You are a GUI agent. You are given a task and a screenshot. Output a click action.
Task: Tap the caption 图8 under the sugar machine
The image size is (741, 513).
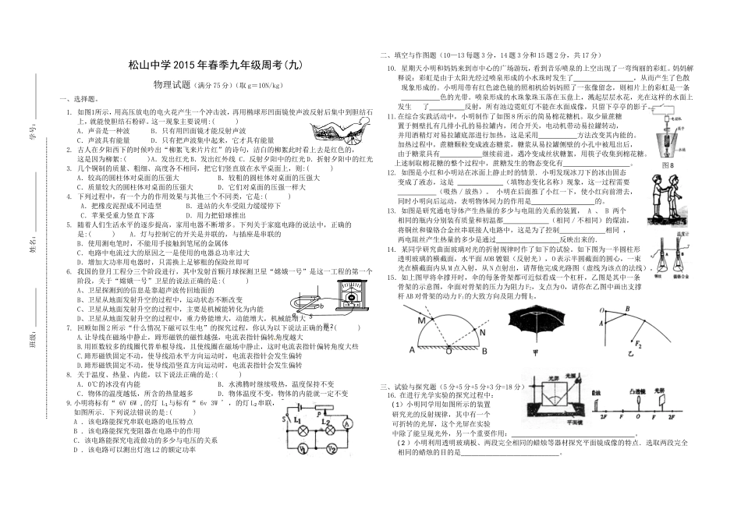pyautogui.click(x=666, y=165)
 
